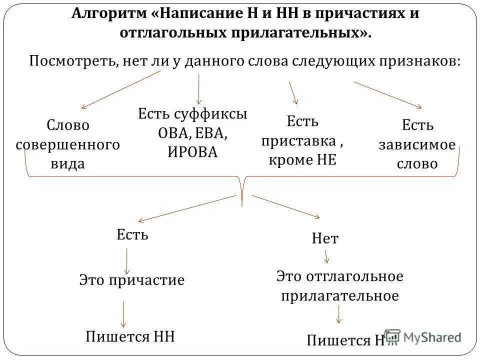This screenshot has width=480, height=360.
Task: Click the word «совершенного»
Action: tap(68, 144)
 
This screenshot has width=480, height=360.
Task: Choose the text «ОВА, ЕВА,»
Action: tap(193, 133)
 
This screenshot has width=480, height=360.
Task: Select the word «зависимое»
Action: tap(417, 144)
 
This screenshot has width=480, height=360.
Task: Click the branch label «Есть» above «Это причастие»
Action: tap(133, 234)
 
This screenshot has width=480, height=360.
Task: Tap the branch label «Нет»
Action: tap(325, 239)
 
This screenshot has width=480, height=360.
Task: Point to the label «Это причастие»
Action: tap(132, 280)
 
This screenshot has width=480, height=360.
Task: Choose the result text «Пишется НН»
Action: tap(130, 335)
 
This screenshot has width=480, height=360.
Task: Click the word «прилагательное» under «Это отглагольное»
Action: tap(340, 295)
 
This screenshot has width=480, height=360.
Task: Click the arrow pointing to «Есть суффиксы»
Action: tap(199, 88)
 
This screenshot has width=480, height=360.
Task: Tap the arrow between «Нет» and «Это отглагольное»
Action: tap(326, 256)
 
